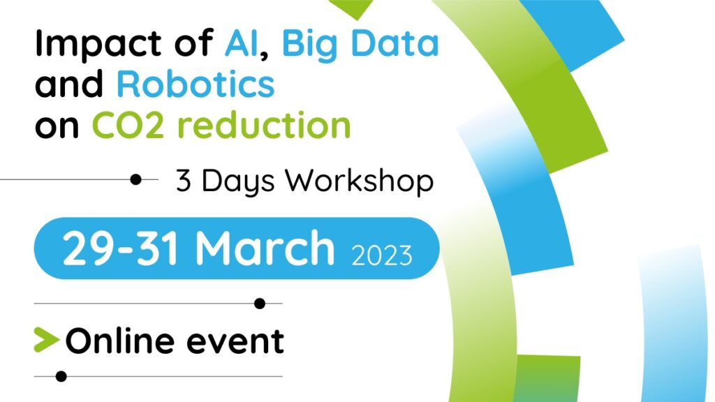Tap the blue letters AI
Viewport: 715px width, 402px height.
[241, 43]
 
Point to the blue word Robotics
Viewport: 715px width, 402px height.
[196, 84]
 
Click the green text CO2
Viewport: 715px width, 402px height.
[128, 125]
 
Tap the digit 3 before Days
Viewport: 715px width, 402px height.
[183, 181]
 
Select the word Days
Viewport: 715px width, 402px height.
[238, 182]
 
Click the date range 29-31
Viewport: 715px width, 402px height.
[120, 248]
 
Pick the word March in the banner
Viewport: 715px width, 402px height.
[265, 248]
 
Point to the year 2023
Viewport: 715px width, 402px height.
[382, 255]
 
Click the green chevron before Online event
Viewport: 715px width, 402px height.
[46, 340]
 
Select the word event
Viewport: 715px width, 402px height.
[236, 342]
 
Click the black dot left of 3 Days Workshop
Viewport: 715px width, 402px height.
[135, 179]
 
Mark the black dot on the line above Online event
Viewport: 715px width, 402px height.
[260, 303]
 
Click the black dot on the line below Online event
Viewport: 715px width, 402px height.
[61, 376]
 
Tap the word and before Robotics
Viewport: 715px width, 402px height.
[69, 84]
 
